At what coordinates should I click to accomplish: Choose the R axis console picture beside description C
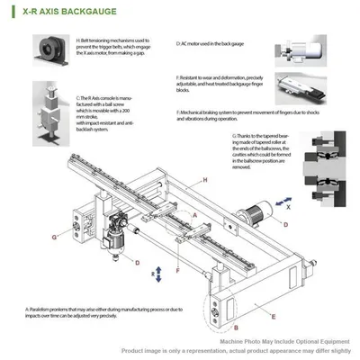click(x=53, y=111)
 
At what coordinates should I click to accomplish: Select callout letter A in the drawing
click(x=193, y=216)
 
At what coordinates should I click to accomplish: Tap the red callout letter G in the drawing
click(x=54, y=238)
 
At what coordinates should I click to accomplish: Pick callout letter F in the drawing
click(x=177, y=269)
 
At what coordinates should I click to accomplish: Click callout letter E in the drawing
click(x=273, y=318)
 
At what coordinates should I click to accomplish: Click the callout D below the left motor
click(x=136, y=264)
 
